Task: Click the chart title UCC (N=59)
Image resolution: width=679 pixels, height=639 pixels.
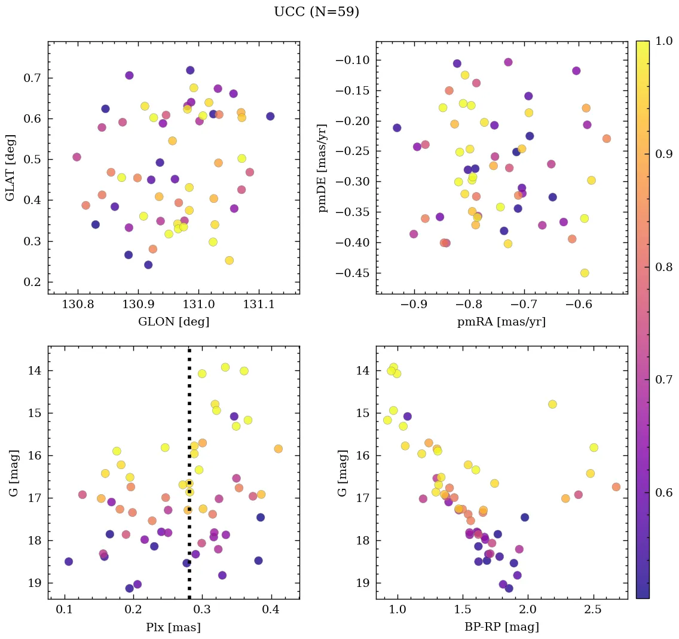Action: pyautogui.click(x=316, y=12)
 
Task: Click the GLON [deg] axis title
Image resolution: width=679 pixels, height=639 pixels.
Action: pyautogui.click(x=173, y=322)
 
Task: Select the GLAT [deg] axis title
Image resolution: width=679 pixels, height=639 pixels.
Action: pyautogui.click(x=10, y=168)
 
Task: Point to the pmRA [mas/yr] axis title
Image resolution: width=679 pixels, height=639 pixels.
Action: pyautogui.click(x=501, y=322)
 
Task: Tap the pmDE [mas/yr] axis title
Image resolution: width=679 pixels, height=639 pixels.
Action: pyautogui.click(x=323, y=168)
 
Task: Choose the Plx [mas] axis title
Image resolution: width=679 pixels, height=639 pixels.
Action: pyautogui.click(x=173, y=627)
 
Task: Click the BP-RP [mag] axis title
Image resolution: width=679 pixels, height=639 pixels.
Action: pyautogui.click(x=501, y=627)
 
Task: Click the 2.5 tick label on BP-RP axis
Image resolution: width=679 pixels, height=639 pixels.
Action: pyautogui.click(x=594, y=610)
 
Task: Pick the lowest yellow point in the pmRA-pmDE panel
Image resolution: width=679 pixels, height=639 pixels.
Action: pyautogui.click(x=585, y=273)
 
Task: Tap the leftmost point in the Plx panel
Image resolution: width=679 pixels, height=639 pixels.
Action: pyautogui.click(x=69, y=561)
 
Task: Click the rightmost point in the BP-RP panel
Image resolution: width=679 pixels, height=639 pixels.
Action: pyautogui.click(x=616, y=487)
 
